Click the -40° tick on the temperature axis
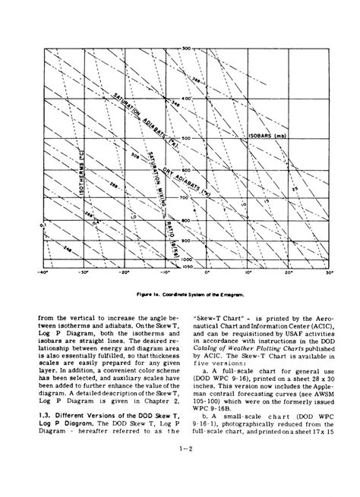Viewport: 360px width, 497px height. [45, 270]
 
